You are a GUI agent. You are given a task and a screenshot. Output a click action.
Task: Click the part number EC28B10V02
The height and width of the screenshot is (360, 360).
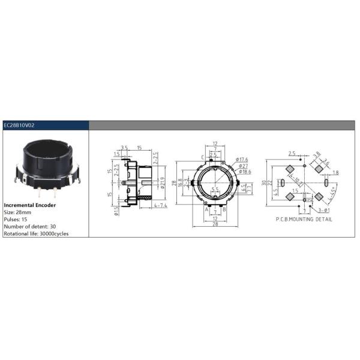[19, 125]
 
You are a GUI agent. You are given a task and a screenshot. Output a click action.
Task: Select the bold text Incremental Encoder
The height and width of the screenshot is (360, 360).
[29, 205]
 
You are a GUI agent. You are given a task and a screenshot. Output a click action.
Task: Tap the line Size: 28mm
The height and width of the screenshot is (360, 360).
[20, 212]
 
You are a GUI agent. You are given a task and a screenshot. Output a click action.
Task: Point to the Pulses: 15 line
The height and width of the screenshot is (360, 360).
[18, 219]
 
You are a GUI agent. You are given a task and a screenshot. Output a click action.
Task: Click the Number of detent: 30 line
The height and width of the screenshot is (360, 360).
[32, 226]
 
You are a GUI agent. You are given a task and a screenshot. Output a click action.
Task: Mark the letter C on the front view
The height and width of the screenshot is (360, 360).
[203, 157]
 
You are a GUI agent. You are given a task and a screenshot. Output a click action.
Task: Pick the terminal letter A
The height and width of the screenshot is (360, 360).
[206, 209]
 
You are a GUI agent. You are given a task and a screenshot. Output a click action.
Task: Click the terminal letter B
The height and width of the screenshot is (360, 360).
[224, 209]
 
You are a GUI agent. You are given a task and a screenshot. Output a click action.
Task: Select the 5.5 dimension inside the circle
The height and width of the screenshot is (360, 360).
[215, 190]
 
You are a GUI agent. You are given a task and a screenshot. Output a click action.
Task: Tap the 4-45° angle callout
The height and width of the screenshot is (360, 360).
[329, 196]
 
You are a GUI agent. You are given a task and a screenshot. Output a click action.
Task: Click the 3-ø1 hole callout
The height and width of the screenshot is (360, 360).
[323, 211]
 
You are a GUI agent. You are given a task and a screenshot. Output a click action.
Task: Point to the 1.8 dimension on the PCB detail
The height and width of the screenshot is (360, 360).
[335, 173]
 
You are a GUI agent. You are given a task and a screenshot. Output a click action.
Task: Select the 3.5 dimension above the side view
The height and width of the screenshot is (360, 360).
[124, 146]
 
